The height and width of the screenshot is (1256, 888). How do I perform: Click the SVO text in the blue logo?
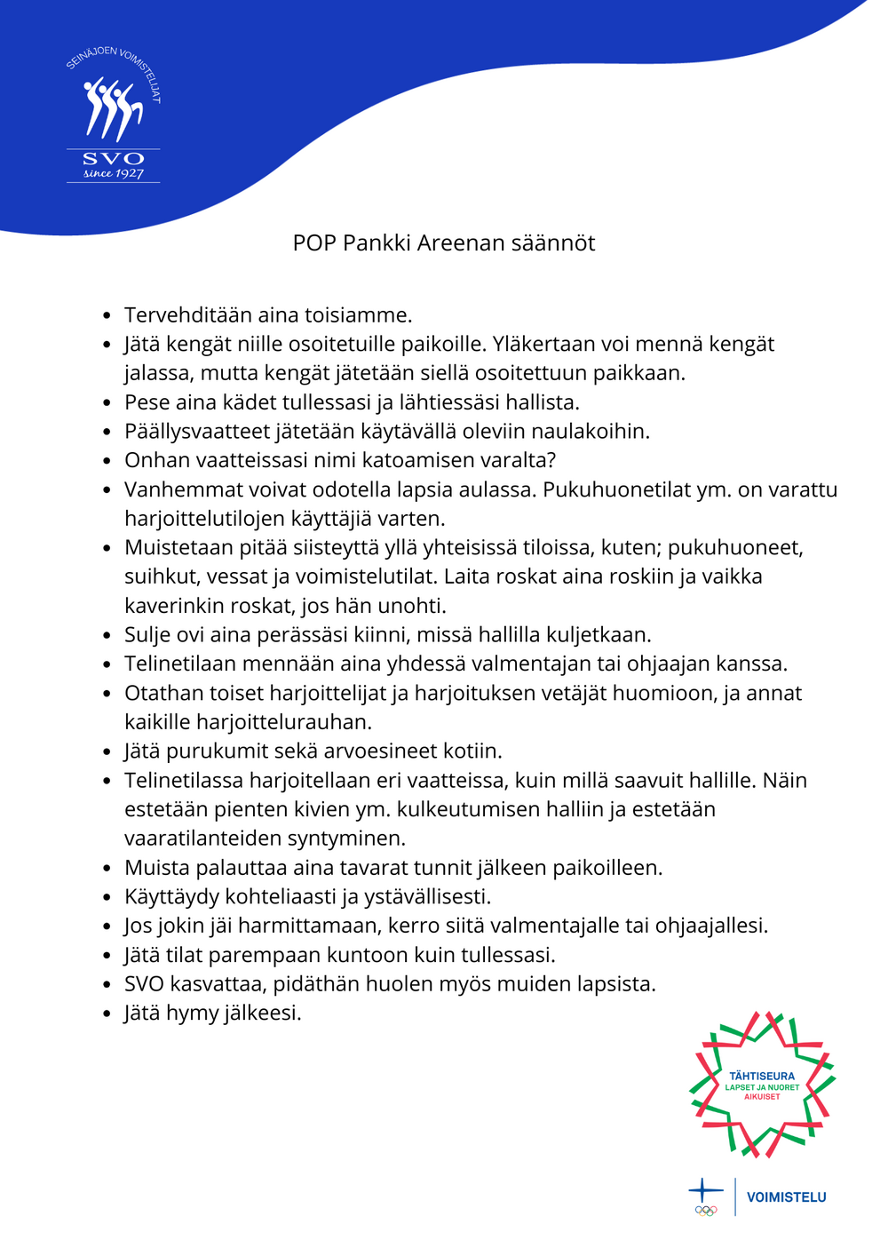(113, 159)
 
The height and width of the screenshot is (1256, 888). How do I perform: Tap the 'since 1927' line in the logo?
(113, 174)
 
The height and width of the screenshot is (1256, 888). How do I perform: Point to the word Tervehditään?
(187, 315)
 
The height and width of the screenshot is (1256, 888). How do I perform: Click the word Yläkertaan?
(545, 345)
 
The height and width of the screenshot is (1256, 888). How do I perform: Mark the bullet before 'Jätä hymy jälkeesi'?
(107, 1014)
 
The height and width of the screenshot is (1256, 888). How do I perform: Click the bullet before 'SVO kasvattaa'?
(107, 985)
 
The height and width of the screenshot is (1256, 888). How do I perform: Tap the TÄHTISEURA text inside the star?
(762, 1077)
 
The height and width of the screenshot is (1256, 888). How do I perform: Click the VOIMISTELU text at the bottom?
(786, 1197)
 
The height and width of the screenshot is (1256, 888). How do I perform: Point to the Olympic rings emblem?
(706, 1210)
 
